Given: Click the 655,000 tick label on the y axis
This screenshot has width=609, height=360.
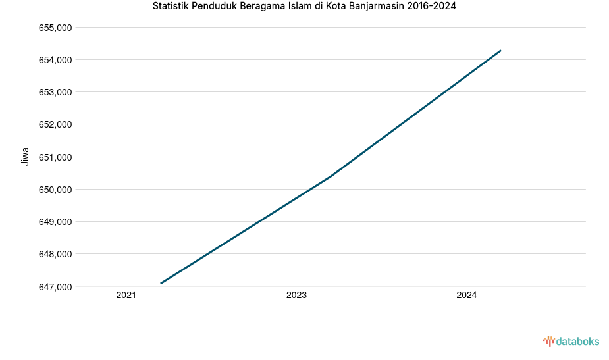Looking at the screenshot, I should coord(56,28).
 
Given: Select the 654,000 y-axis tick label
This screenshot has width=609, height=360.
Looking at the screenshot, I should coord(56,60).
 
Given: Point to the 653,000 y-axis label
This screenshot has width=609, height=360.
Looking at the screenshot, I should coord(56,92).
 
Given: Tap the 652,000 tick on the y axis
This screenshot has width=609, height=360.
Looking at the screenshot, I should coord(56,124).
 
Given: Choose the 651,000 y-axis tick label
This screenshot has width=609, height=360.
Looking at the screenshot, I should coord(56,157).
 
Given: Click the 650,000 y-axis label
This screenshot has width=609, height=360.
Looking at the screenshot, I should coord(56,190).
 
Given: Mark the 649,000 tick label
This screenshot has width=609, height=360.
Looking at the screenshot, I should coord(56,222).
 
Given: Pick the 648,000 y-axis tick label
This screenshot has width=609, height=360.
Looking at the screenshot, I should coord(56,254).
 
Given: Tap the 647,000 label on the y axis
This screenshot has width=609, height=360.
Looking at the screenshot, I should coord(56,287).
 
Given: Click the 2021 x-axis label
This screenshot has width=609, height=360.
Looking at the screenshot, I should coord(126,296).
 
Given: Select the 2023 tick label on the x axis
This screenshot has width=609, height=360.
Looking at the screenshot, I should coord(296,296).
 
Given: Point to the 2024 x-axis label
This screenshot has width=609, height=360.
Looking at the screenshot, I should coord(466,296).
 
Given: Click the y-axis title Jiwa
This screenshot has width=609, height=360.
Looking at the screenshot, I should coord(26,156).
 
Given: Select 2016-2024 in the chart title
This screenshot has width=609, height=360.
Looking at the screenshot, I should coord(432,7).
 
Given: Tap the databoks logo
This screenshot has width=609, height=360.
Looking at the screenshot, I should coord(571,341).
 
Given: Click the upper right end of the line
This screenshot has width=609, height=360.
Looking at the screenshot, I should coord(501,51).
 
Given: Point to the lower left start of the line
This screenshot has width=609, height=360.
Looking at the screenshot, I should coord(161,283).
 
